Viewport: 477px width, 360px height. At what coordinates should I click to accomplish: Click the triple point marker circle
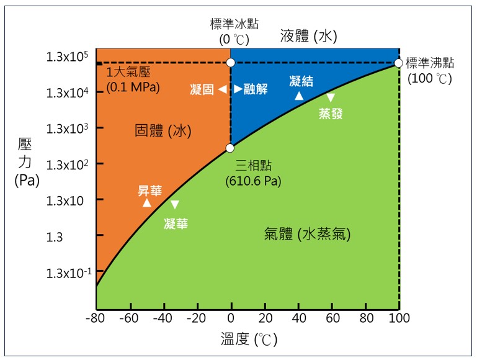tap(230, 148)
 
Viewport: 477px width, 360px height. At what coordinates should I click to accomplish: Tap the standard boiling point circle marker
tap(399, 63)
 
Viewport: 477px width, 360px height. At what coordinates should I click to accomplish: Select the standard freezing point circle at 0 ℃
tap(230, 63)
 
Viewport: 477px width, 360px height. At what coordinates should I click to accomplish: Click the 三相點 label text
tap(254, 166)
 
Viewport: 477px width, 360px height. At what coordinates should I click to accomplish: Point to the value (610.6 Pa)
tap(254, 182)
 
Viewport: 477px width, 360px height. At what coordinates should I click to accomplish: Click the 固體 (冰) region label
tap(163, 131)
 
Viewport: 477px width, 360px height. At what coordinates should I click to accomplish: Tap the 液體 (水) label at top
tap(308, 36)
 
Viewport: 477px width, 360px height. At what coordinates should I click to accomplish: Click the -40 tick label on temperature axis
tap(163, 320)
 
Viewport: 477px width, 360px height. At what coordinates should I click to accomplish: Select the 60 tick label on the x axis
tap(332, 320)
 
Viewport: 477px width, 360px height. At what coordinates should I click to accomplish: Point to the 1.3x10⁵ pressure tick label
tap(67, 57)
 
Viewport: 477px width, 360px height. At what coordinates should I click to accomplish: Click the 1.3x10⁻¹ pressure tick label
tap(67, 272)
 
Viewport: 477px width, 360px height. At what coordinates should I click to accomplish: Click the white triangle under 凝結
tap(298, 96)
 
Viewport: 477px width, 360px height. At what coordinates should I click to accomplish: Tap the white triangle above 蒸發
tap(331, 97)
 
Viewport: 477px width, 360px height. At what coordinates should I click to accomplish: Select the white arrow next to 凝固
tap(222, 89)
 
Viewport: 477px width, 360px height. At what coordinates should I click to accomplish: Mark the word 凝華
tap(176, 223)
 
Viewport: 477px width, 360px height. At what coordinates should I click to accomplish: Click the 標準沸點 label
tap(430, 63)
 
